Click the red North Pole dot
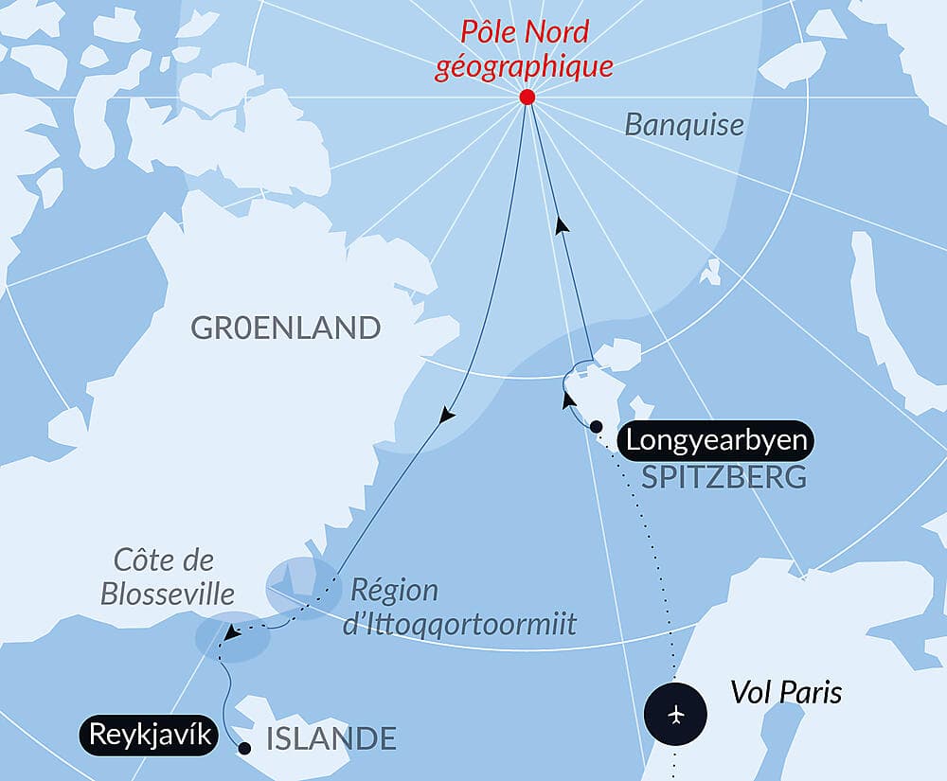pyautogui.click(x=527, y=98)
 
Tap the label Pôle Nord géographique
pyautogui.click(x=524, y=48)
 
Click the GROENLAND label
pyautogui.click(x=286, y=328)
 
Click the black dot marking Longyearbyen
pyautogui.click(x=596, y=427)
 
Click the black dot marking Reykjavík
pyautogui.click(x=244, y=748)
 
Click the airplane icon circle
pyautogui.click(x=675, y=713)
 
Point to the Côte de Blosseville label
pyautogui.click(x=170, y=577)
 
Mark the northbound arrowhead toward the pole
pyautogui.click(x=562, y=225)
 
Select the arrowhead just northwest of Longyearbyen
pyautogui.click(x=568, y=401)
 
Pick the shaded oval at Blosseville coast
pyautogui.click(x=232, y=636)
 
